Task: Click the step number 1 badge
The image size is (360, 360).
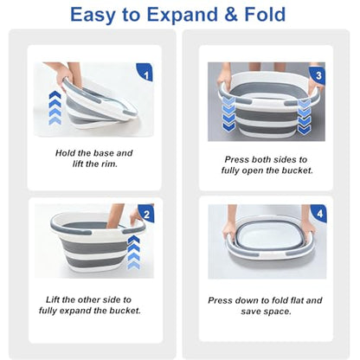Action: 145,73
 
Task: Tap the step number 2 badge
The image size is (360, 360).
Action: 146,214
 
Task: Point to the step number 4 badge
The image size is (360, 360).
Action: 318,214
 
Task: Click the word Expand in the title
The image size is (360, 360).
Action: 183,15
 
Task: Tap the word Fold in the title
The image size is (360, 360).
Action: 265,15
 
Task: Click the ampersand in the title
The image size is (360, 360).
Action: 231,15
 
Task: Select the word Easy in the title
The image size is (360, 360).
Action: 93,16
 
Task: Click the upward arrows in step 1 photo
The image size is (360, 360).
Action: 55,107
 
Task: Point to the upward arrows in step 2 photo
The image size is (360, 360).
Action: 133,252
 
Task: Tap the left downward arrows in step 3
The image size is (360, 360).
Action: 228,113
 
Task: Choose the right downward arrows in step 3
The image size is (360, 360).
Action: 304,116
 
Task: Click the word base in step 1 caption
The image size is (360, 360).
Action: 104,153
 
